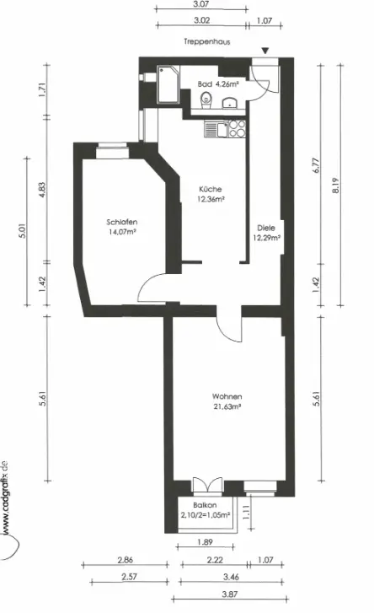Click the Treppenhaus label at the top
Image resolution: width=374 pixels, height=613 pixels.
[207, 41]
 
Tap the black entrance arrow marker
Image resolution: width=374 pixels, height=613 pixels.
[265, 51]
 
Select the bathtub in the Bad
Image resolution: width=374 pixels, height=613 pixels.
[168, 85]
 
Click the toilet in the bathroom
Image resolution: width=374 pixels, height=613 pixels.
[206, 100]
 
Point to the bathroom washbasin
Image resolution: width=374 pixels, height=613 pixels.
[230, 103]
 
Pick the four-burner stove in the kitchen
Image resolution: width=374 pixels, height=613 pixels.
[237, 129]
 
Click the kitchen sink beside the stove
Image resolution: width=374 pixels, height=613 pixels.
[216, 129]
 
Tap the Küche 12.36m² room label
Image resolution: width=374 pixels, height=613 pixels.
[211, 194]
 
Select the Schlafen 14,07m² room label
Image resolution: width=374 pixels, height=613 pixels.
[122, 227]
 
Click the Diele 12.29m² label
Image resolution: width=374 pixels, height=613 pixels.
[266, 233]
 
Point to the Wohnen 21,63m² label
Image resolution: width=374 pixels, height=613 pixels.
[227, 401]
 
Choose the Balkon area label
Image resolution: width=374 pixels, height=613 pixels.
[205, 510]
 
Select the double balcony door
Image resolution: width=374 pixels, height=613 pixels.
[208, 484]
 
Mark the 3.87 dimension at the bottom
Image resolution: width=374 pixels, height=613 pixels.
[230, 594]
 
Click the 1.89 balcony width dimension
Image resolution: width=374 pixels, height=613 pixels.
[205, 542]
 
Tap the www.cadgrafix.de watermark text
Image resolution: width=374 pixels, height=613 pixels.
[5, 496]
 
